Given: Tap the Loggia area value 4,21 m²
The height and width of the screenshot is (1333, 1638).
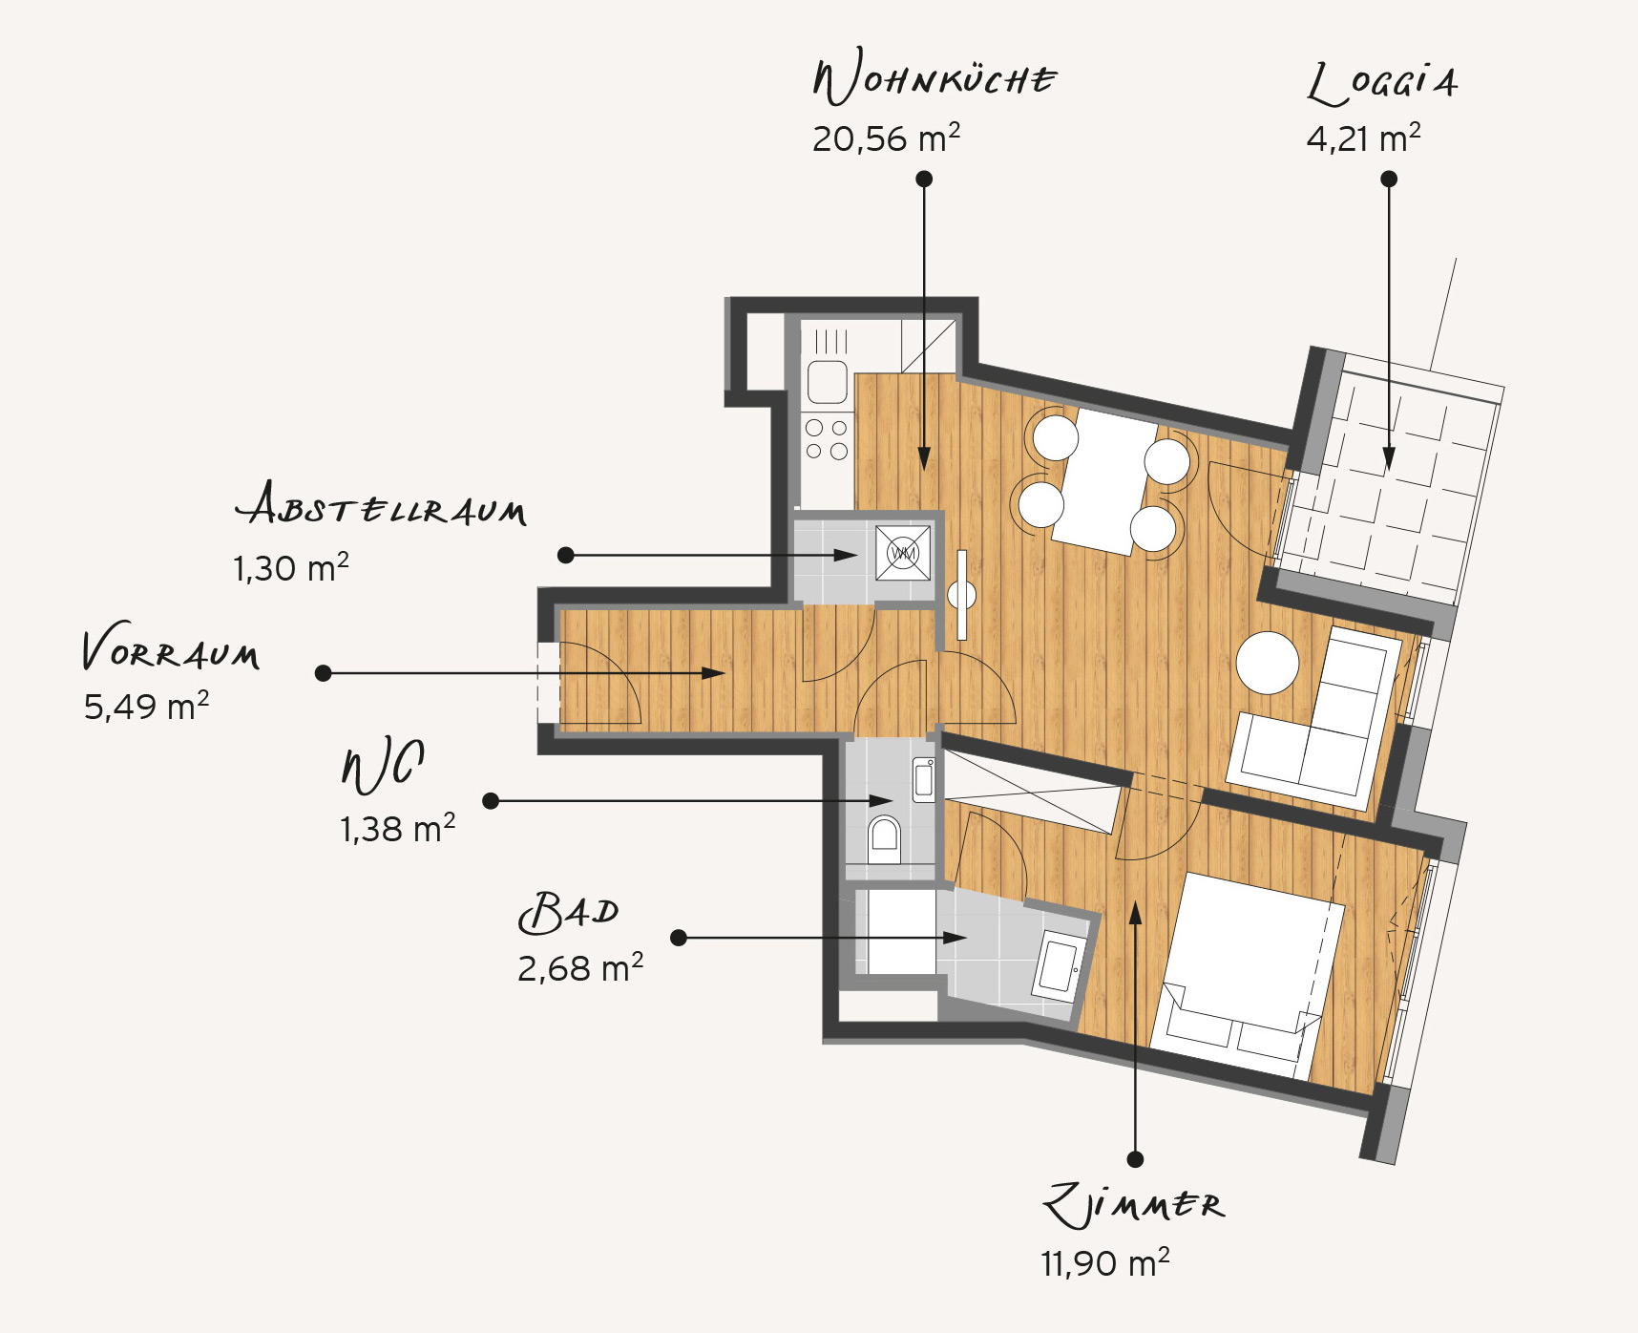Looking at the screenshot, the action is (1363, 138).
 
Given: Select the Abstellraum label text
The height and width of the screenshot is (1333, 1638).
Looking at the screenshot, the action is (381, 503).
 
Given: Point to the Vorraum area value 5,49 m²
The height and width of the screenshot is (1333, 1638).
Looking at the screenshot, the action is (146, 707).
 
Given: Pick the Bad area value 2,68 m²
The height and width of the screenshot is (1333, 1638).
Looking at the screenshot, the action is (580, 968).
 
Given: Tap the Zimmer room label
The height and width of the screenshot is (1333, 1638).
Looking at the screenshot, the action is (1133, 1205).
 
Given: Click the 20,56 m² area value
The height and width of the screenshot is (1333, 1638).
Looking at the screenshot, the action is (886, 138).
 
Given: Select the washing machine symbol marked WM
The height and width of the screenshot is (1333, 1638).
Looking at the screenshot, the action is (903, 552).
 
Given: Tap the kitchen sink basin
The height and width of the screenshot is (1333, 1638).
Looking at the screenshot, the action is (828, 382).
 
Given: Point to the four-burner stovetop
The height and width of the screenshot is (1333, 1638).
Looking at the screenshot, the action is (827, 440).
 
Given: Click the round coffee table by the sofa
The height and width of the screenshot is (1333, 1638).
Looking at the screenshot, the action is (1268, 663).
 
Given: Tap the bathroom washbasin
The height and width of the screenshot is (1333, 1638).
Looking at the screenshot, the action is (1059, 965).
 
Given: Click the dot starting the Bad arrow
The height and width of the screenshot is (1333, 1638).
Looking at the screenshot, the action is (679, 938).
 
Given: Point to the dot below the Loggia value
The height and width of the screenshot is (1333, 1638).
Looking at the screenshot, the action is (1389, 179).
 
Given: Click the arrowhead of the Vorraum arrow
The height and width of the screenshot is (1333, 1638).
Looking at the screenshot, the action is (713, 673).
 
